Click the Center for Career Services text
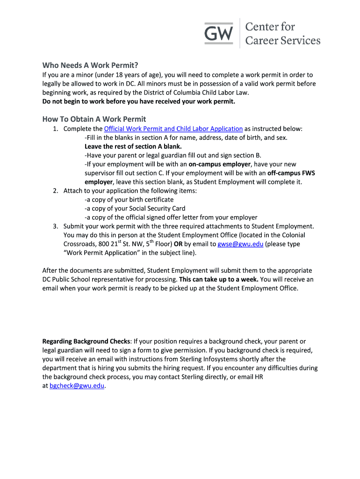click(283, 33)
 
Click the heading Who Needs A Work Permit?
click(91, 65)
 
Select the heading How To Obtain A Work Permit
click(94, 119)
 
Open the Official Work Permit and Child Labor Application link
click(173, 129)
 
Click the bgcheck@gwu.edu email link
click(77, 386)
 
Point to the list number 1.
click(55, 129)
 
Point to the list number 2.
click(55, 191)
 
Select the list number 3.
click(55, 226)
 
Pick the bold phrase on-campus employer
click(220, 164)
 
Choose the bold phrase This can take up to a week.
click(218, 279)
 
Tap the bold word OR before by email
click(178, 244)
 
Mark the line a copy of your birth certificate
click(129, 200)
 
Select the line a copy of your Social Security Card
click(135, 209)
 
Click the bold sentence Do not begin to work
click(139, 102)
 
